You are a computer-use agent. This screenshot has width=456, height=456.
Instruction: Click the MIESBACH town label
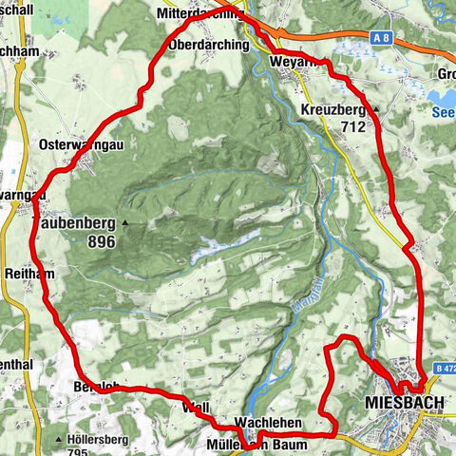[404, 403]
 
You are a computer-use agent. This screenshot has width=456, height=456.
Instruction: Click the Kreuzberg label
[333, 110]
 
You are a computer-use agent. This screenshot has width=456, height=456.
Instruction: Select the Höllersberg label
[100, 440]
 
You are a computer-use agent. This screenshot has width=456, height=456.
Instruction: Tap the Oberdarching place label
[207, 45]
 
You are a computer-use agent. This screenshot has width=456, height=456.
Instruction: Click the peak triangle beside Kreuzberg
[376, 110]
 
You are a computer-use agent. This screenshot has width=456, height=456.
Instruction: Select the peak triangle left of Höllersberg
[59, 440]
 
